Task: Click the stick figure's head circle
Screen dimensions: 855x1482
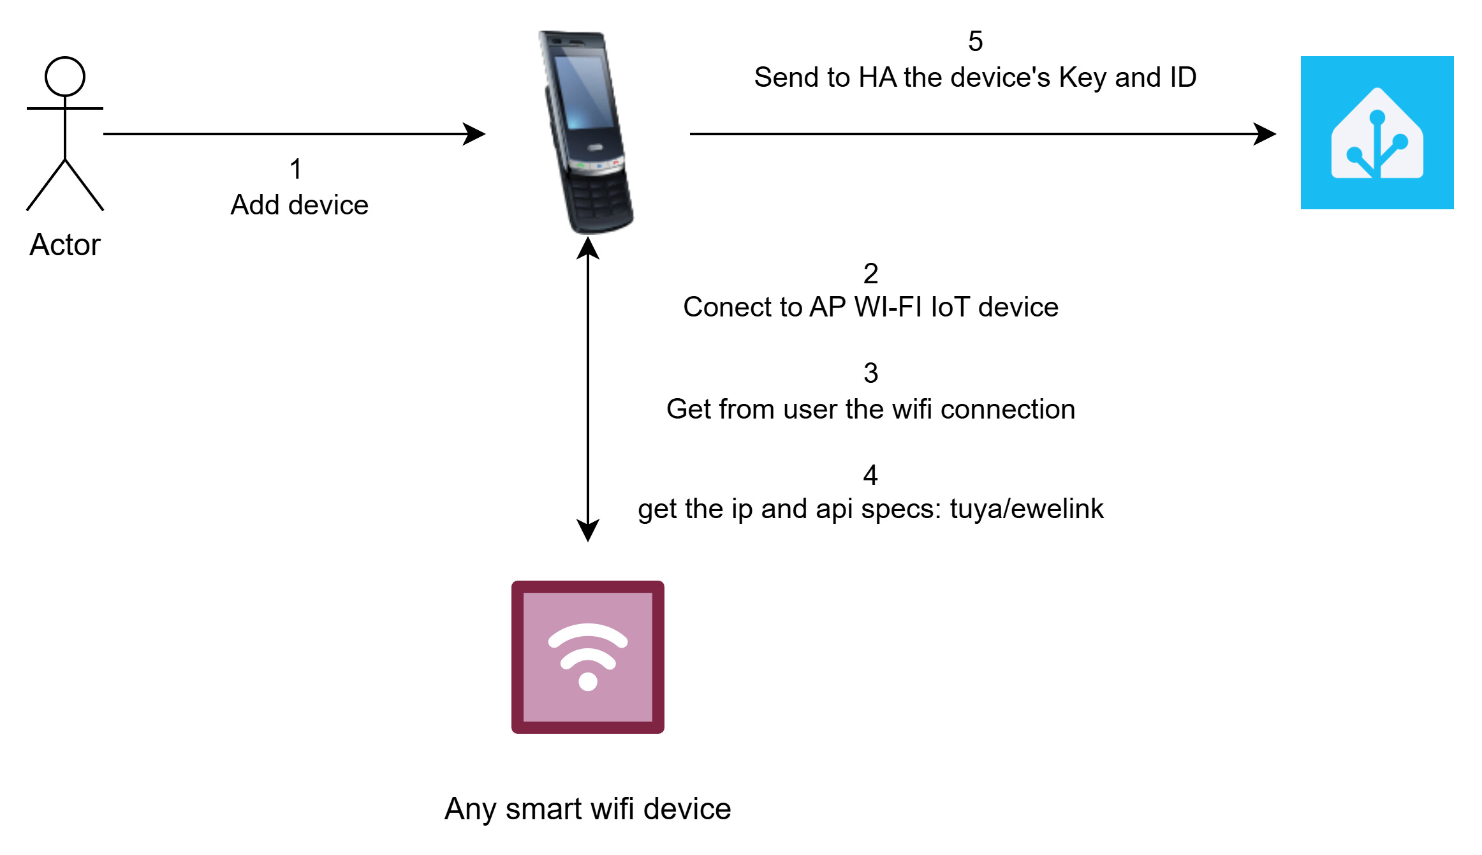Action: point(65,77)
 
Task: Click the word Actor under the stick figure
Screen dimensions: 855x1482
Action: point(65,245)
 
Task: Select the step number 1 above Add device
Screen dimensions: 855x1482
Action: point(295,169)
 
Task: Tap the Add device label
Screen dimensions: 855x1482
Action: point(299,205)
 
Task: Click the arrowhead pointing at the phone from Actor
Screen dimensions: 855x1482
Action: point(475,134)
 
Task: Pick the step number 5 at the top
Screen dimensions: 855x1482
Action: point(975,41)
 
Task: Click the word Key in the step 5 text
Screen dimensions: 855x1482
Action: point(1083,77)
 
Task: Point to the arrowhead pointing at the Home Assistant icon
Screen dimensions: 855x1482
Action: point(1265,134)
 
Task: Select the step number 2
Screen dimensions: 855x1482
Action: point(870,274)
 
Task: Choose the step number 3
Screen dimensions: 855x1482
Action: point(870,373)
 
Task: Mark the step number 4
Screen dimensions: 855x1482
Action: point(870,475)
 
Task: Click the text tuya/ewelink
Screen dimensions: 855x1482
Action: point(1026,509)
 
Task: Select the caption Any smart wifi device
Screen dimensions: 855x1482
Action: point(587,809)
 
